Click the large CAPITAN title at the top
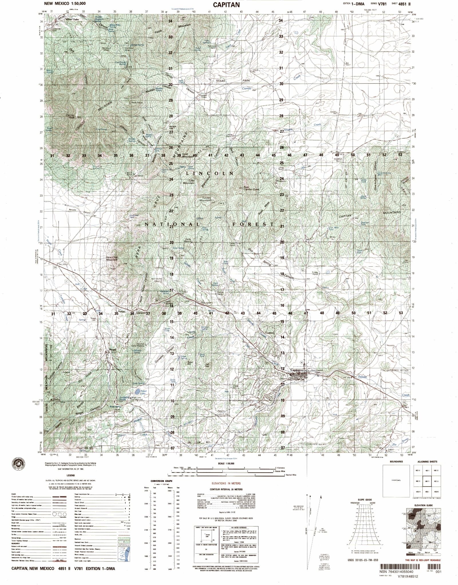click(226, 5)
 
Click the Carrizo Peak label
click(70, 116)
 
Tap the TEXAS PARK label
click(233, 81)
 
